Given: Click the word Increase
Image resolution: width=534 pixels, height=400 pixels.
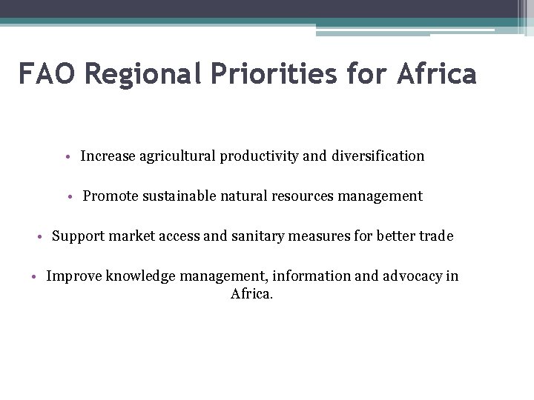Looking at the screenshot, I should [x=108, y=156].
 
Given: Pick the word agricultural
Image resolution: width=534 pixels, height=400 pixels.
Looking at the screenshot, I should [x=174, y=156].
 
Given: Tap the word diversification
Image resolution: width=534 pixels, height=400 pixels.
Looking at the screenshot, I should [x=380, y=156].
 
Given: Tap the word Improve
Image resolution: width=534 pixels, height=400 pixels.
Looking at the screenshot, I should [x=73, y=276].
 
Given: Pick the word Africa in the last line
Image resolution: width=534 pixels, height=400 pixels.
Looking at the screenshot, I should [x=252, y=293].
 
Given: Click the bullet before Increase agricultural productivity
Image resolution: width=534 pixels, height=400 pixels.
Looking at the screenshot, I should [x=68, y=157].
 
